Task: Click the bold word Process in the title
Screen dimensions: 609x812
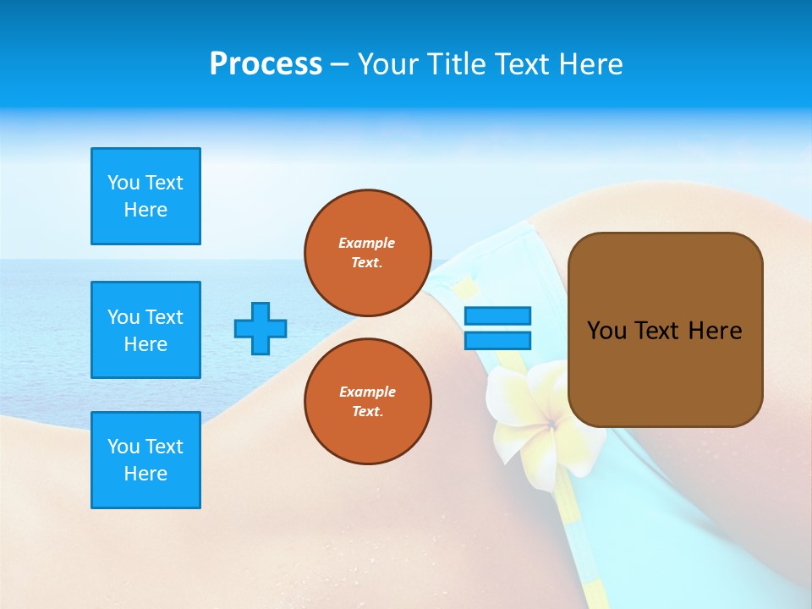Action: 266,64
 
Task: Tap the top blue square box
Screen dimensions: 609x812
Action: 145,196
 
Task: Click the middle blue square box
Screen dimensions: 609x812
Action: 145,330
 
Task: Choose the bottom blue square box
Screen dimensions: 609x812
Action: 145,460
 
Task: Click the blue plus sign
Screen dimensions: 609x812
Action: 261,328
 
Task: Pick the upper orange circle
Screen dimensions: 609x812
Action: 368,252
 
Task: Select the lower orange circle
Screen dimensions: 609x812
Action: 368,401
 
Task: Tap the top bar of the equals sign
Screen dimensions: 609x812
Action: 497,316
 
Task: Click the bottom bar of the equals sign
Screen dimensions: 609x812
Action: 497,340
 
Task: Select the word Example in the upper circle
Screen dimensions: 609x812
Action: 367,243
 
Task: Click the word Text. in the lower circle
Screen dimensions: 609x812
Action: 367,412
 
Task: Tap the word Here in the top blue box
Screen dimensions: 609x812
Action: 145,210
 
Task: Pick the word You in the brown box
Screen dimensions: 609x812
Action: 607,331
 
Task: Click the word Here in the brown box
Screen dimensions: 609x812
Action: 715,331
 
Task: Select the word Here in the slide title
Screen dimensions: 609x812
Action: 591,64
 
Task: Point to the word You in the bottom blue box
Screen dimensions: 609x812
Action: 123,447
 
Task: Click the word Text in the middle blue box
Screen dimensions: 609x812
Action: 164,317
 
